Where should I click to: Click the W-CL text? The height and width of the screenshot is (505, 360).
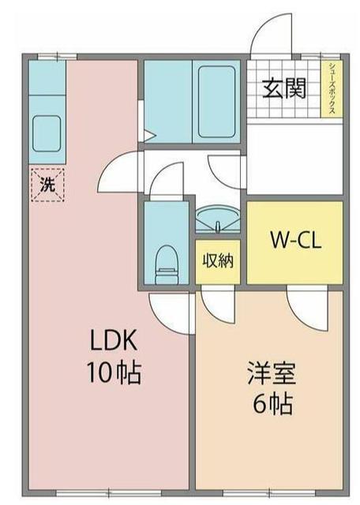(294, 238)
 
